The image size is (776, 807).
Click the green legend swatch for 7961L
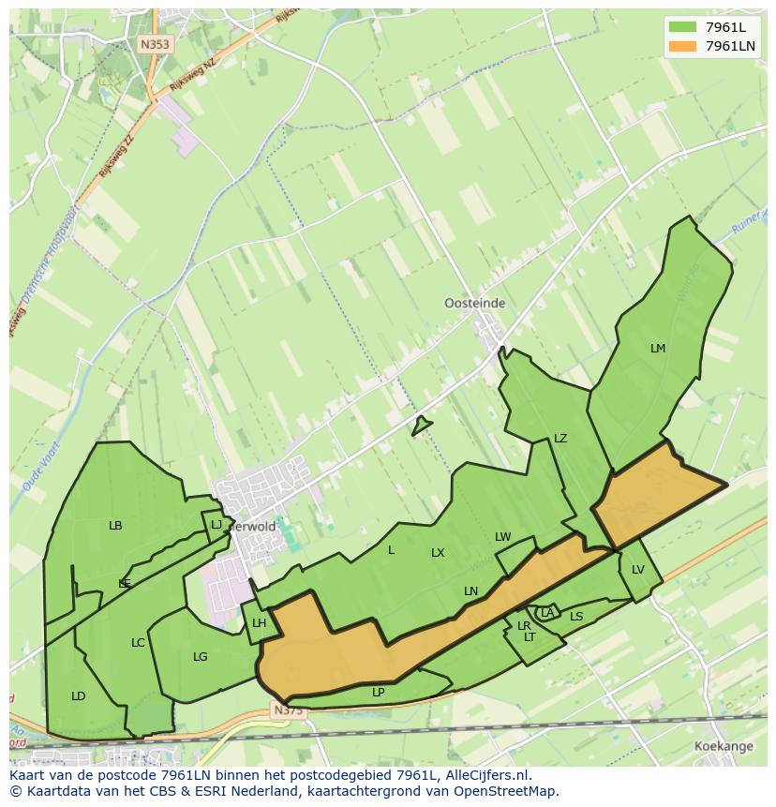[x=682, y=27]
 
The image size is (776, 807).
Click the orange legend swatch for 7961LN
[x=682, y=46]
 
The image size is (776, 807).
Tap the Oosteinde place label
[x=474, y=303]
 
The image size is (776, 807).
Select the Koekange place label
[x=724, y=746]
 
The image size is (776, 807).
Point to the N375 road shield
[x=289, y=710]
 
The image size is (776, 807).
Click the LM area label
[x=658, y=349]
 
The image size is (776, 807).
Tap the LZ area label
[x=560, y=439]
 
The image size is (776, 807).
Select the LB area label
[x=115, y=526]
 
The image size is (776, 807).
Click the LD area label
[x=79, y=696]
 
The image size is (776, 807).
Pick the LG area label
[x=200, y=657]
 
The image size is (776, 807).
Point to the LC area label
[x=138, y=643]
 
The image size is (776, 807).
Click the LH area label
[x=260, y=623]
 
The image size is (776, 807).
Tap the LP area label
[x=379, y=693]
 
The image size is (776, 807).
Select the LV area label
[x=638, y=570]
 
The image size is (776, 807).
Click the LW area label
[x=503, y=537]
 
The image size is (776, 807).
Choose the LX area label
[x=438, y=553]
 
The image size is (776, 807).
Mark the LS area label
[x=576, y=617]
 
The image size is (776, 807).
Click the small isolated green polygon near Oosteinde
[x=421, y=426]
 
